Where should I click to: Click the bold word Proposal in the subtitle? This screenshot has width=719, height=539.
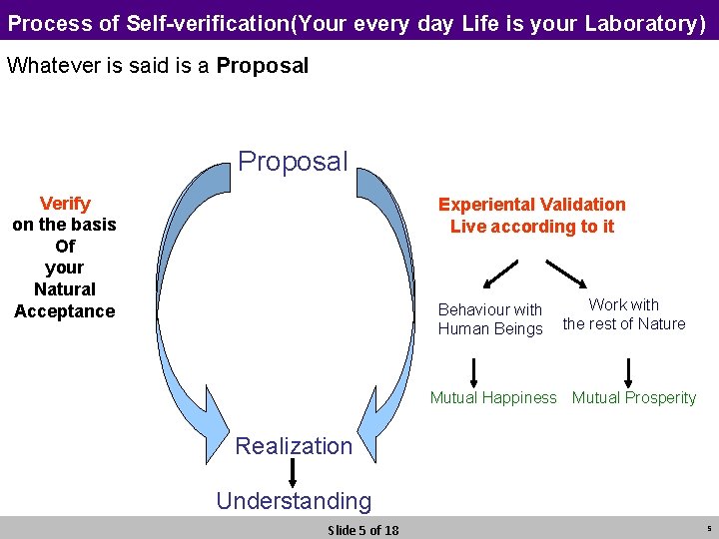coord(263,66)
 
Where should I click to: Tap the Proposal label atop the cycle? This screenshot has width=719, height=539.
coord(294,161)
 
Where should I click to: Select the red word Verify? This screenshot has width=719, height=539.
coord(65,204)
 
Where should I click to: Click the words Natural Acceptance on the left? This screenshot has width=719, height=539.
coord(65,300)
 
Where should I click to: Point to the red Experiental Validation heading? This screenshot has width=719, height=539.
coord(532,205)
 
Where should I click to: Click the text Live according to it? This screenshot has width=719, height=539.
coord(532,227)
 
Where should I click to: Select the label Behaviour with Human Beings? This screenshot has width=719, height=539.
coord(490,319)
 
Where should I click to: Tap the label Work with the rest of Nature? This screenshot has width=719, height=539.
coord(624,314)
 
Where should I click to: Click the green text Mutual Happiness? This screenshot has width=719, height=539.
coord(493,398)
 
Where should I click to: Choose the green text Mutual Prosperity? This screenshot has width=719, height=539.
coord(634,398)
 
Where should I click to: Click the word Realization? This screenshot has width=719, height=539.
coord(294,446)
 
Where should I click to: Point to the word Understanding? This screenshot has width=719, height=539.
coord(294,501)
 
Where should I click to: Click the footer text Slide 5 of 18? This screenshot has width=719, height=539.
coord(363,530)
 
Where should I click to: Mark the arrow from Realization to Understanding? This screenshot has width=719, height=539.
coord(295,473)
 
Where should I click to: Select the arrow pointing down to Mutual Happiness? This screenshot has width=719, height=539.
coord(474,370)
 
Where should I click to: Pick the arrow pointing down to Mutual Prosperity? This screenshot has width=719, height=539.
coord(628,370)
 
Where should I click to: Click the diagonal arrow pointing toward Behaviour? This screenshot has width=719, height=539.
coord(502,272)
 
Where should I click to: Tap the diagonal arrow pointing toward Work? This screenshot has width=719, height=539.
coord(565,272)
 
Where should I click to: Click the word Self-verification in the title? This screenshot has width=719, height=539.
coord(207,22)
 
